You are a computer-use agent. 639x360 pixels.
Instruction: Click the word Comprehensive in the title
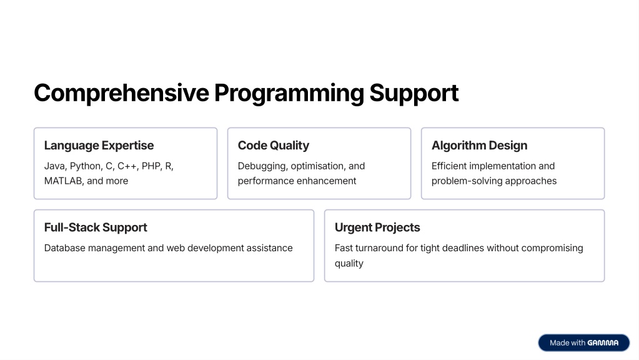pyautogui.click(x=121, y=93)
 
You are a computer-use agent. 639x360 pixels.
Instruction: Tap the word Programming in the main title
pyautogui.click(x=289, y=93)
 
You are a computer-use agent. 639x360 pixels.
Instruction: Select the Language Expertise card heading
pyautogui.click(x=99, y=146)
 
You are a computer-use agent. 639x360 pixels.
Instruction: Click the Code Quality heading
pyautogui.click(x=274, y=146)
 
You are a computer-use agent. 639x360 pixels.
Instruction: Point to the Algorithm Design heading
pyautogui.click(x=479, y=146)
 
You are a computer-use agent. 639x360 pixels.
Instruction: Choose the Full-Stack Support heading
pyautogui.click(x=96, y=227)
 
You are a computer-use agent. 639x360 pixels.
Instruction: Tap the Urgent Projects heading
pyautogui.click(x=377, y=227)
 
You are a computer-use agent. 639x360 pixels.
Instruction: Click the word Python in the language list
pyautogui.click(x=86, y=166)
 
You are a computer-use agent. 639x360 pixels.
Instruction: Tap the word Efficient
pyautogui.click(x=448, y=166)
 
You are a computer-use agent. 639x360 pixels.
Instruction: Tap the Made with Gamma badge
pyautogui.click(x=584, y=343)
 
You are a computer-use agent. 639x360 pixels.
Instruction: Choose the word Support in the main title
pyautogui.click(x=414, y=93)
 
